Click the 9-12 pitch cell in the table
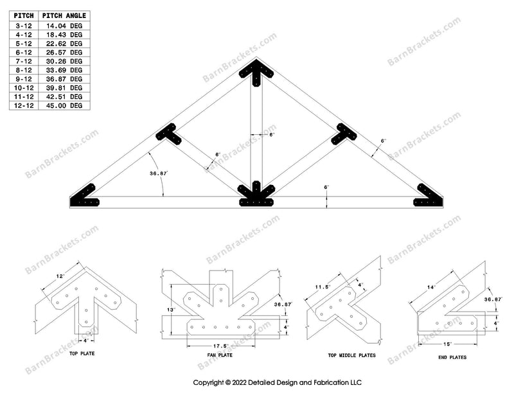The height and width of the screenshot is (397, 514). coord(23,79)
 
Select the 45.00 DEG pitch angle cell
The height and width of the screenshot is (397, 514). coord(67,105)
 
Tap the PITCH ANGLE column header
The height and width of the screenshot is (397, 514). coord(64,15)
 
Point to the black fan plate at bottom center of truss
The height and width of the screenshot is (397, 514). coord(256,196)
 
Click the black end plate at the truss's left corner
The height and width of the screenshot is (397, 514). coord(84,197)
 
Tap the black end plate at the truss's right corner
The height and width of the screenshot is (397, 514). coord(429,197)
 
